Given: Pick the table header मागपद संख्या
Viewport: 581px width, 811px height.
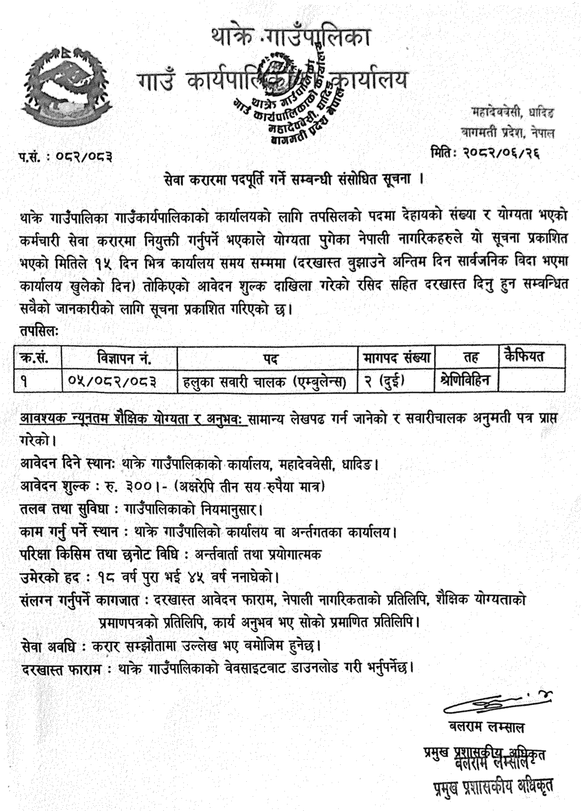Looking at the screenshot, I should [398, 357].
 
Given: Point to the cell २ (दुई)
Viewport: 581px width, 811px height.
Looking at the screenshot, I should [383, 381].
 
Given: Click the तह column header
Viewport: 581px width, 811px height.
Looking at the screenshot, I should [466, 357].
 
